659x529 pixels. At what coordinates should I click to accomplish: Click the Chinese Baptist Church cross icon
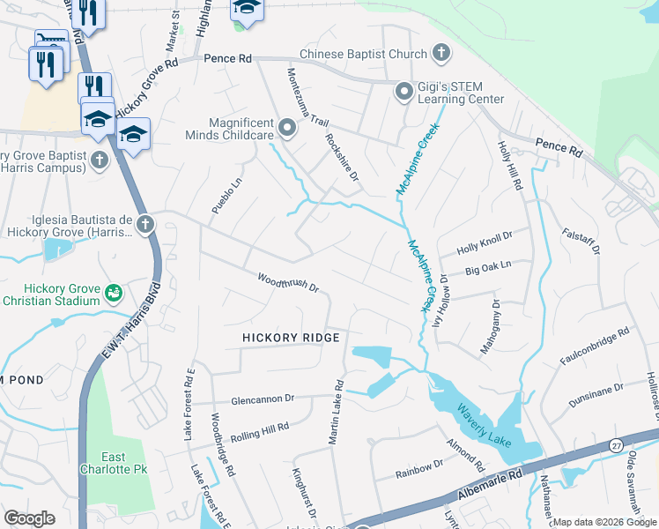(x=441, y=54)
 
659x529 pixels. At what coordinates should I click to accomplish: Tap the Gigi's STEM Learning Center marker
(x=404, y=91)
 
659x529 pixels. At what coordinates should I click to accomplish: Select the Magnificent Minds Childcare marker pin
(x=286, y=130)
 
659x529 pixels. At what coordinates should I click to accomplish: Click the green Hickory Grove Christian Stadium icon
(x=113, y=292)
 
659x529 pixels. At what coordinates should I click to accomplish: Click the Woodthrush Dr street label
(x=287, y=282)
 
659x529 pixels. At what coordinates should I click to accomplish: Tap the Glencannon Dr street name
(x=261, y=399)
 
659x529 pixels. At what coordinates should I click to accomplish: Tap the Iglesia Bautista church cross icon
(x=144, y=224)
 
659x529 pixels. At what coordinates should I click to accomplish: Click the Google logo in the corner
(x=30, y=518)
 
